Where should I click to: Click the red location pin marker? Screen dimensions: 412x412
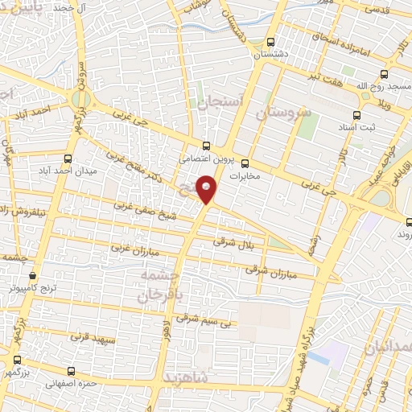pyautogui.click(x=208, y=189)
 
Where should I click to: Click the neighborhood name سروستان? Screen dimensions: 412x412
pyautogui.click(x=282, y=113)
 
